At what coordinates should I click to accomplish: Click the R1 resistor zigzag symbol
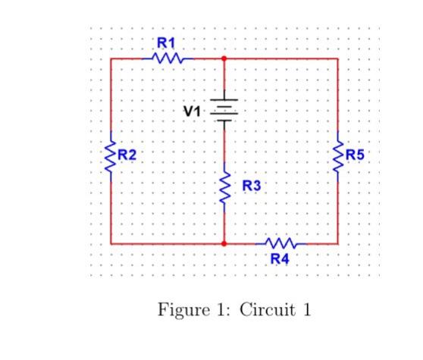click(168, 58)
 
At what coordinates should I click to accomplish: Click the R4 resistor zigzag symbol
click(280, 244)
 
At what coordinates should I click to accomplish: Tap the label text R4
click(280, 259)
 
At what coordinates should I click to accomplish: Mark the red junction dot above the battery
click(224, 58)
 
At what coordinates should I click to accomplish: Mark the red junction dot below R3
click(224, 244)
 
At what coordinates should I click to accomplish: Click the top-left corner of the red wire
click(111, 58)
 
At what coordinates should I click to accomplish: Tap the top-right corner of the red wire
click(337, 58)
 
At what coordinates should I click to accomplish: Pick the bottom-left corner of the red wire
click(111, 244)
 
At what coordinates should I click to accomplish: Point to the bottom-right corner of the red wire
click(337, 244)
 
